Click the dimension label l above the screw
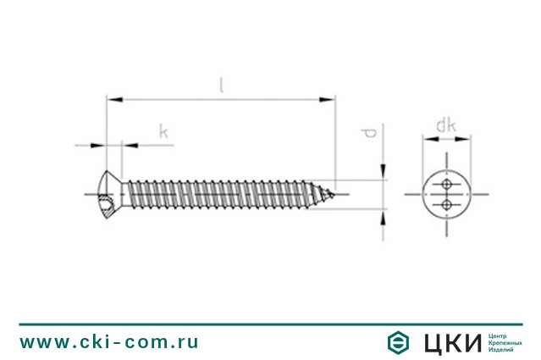[222, 85]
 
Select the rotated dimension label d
[368, 133]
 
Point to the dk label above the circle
[446, 125]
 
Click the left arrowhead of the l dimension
[115, 100]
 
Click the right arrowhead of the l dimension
[327, 100]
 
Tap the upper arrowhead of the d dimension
[383, 172]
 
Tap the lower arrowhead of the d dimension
[383, 217]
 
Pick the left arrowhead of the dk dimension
[431, 139]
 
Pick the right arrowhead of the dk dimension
[463, 139]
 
